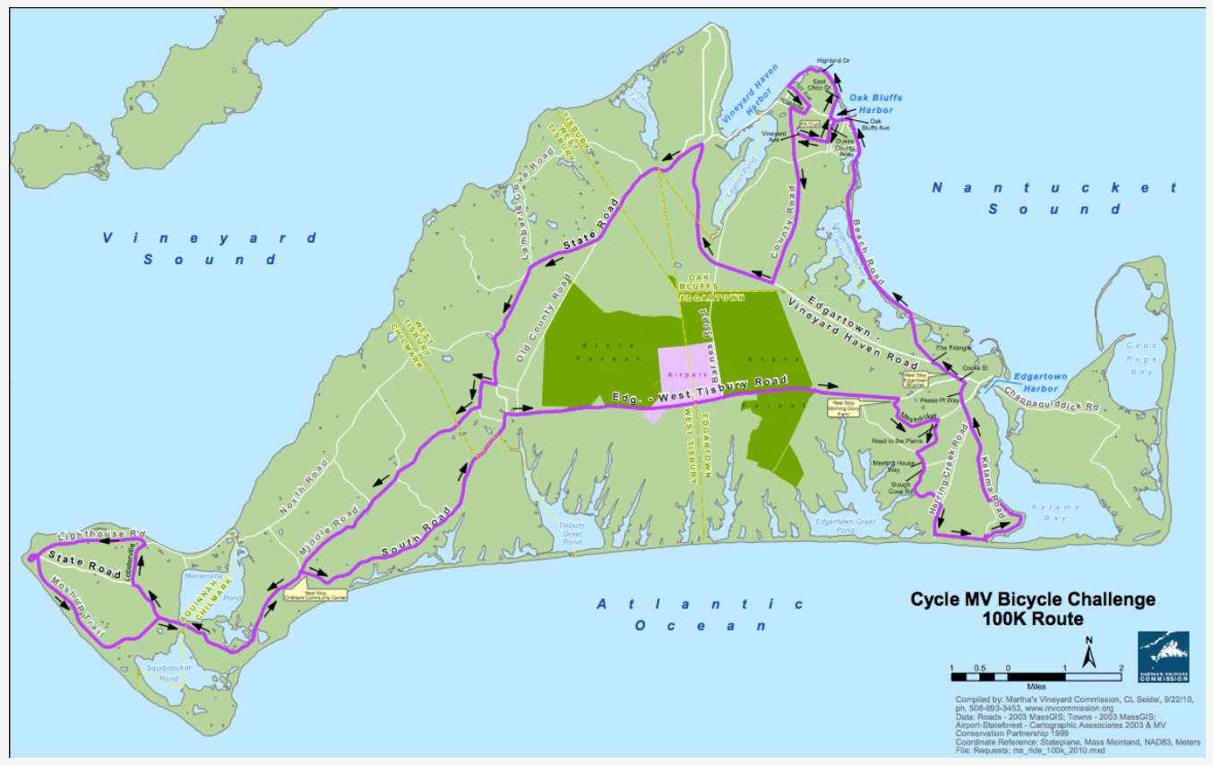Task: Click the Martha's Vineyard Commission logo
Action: [1163, 657]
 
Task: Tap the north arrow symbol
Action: [1088, 653]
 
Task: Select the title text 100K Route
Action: [1033, 619]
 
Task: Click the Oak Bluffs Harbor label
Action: [875, 104]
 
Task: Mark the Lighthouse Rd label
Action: [101, 535]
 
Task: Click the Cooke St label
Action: [974, 367]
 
